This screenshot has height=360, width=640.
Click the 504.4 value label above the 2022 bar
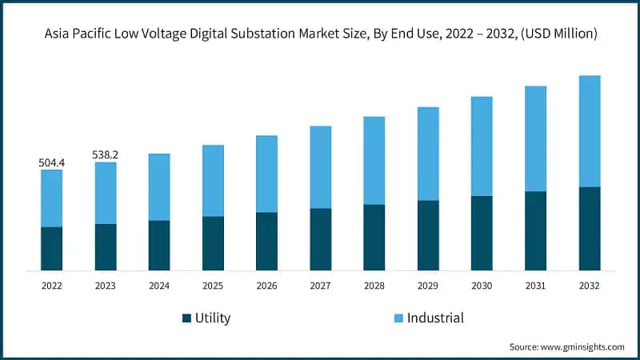pos(52,163)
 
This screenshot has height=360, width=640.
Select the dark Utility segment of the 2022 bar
pos(52,249)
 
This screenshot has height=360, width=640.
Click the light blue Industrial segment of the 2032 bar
pos(590,131)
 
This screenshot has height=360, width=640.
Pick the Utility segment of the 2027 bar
pos(321,239)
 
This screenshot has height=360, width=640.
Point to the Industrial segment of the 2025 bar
pos(213,181)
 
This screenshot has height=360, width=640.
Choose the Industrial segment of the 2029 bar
pos(428,154)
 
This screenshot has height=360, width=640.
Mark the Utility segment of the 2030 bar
pos(482,233)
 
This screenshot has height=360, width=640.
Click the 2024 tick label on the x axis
pos(159,286)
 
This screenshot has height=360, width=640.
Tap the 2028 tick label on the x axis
pos(374,286)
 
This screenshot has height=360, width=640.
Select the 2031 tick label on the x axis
pos(535,286)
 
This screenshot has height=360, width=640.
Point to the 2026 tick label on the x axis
pos(266,286)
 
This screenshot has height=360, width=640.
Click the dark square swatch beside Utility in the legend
pos(187,318)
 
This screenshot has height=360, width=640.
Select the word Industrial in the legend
pos(435,318)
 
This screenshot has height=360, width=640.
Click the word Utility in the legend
pos(213,318)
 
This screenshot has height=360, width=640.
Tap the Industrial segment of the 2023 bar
pos(106,193)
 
